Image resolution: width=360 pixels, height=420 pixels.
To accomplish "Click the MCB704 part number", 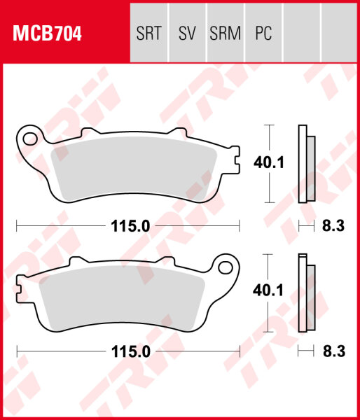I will (x=47, y=32).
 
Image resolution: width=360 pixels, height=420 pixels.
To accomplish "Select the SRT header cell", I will (x=149, y=32).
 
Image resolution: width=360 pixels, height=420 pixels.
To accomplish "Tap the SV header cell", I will (x=187, y=32).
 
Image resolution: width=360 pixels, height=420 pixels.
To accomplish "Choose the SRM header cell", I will (x=225, y=32).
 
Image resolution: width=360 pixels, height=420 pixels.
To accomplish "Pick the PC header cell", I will (x=263, y=32).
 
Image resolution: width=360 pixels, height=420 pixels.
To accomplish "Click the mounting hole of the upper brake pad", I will (x=29, y=139).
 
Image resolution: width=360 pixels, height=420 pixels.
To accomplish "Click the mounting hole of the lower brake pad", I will (x=226, y=267).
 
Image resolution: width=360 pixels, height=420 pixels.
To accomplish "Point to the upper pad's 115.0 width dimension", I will (x=127, y=226).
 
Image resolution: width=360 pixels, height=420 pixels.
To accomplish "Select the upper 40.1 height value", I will (x=268, y=163).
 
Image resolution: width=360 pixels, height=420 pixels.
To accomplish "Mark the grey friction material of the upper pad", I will (x=133, y=171).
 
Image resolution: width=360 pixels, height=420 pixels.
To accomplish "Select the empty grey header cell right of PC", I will (x=301, y=32).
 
